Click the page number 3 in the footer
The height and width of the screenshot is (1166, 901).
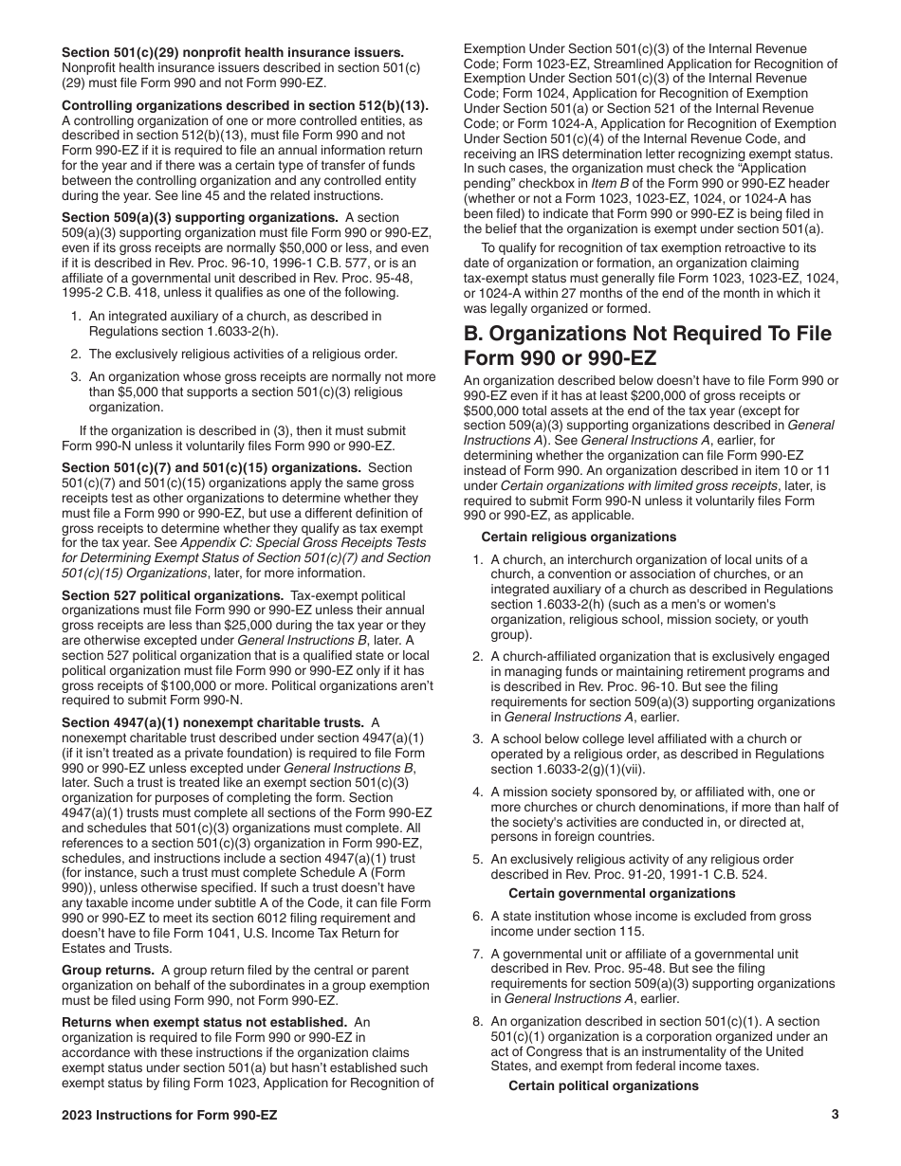[835, 1114]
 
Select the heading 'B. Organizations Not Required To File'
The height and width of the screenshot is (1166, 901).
[647, 334]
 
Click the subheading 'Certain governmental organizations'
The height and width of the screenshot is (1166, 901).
[621, 893]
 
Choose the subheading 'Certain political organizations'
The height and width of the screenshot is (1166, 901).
[603, 1085]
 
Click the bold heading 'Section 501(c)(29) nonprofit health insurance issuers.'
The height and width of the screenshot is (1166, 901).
[232, 52]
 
